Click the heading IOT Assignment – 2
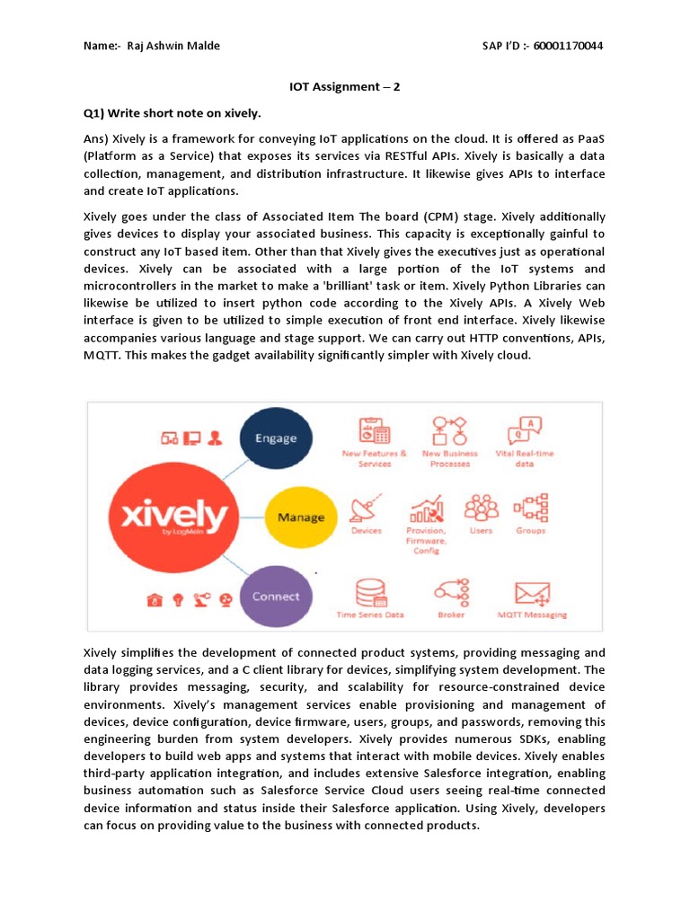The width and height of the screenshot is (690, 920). (x=344, y=87)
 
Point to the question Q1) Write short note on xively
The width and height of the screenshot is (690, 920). (x=172, y=114)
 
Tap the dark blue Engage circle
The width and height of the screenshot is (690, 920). (x=275, y=438)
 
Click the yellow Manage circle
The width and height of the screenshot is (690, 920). (x=300, y=517)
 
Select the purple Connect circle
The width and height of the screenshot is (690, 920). (x=275, y=596)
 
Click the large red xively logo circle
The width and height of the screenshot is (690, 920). (x=168, y=517)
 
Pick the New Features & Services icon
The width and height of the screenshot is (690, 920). (x=373, y=430)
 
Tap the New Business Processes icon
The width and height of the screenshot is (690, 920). (x=450, y=430)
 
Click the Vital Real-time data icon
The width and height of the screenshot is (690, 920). (x=524, y=429)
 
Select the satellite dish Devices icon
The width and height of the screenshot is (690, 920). (x=367, y=509)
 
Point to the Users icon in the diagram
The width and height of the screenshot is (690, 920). (x=481, y=509)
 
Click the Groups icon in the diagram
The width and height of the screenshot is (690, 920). (x=530, y=509)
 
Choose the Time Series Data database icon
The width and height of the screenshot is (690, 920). (x=369, y=593)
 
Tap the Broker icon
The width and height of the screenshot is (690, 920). (x=451, y=592)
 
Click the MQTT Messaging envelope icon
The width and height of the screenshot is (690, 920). (x=532, y=593)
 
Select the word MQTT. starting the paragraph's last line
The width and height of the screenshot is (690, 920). (x=102, y=355)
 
